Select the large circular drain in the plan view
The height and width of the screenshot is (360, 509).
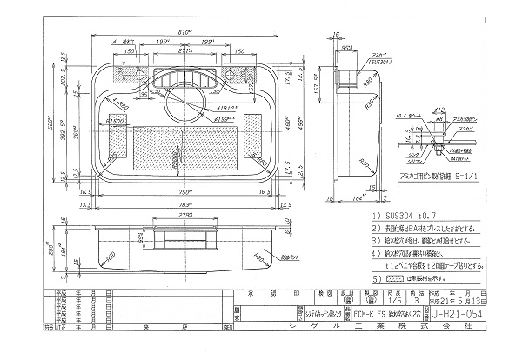click(184, 93)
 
